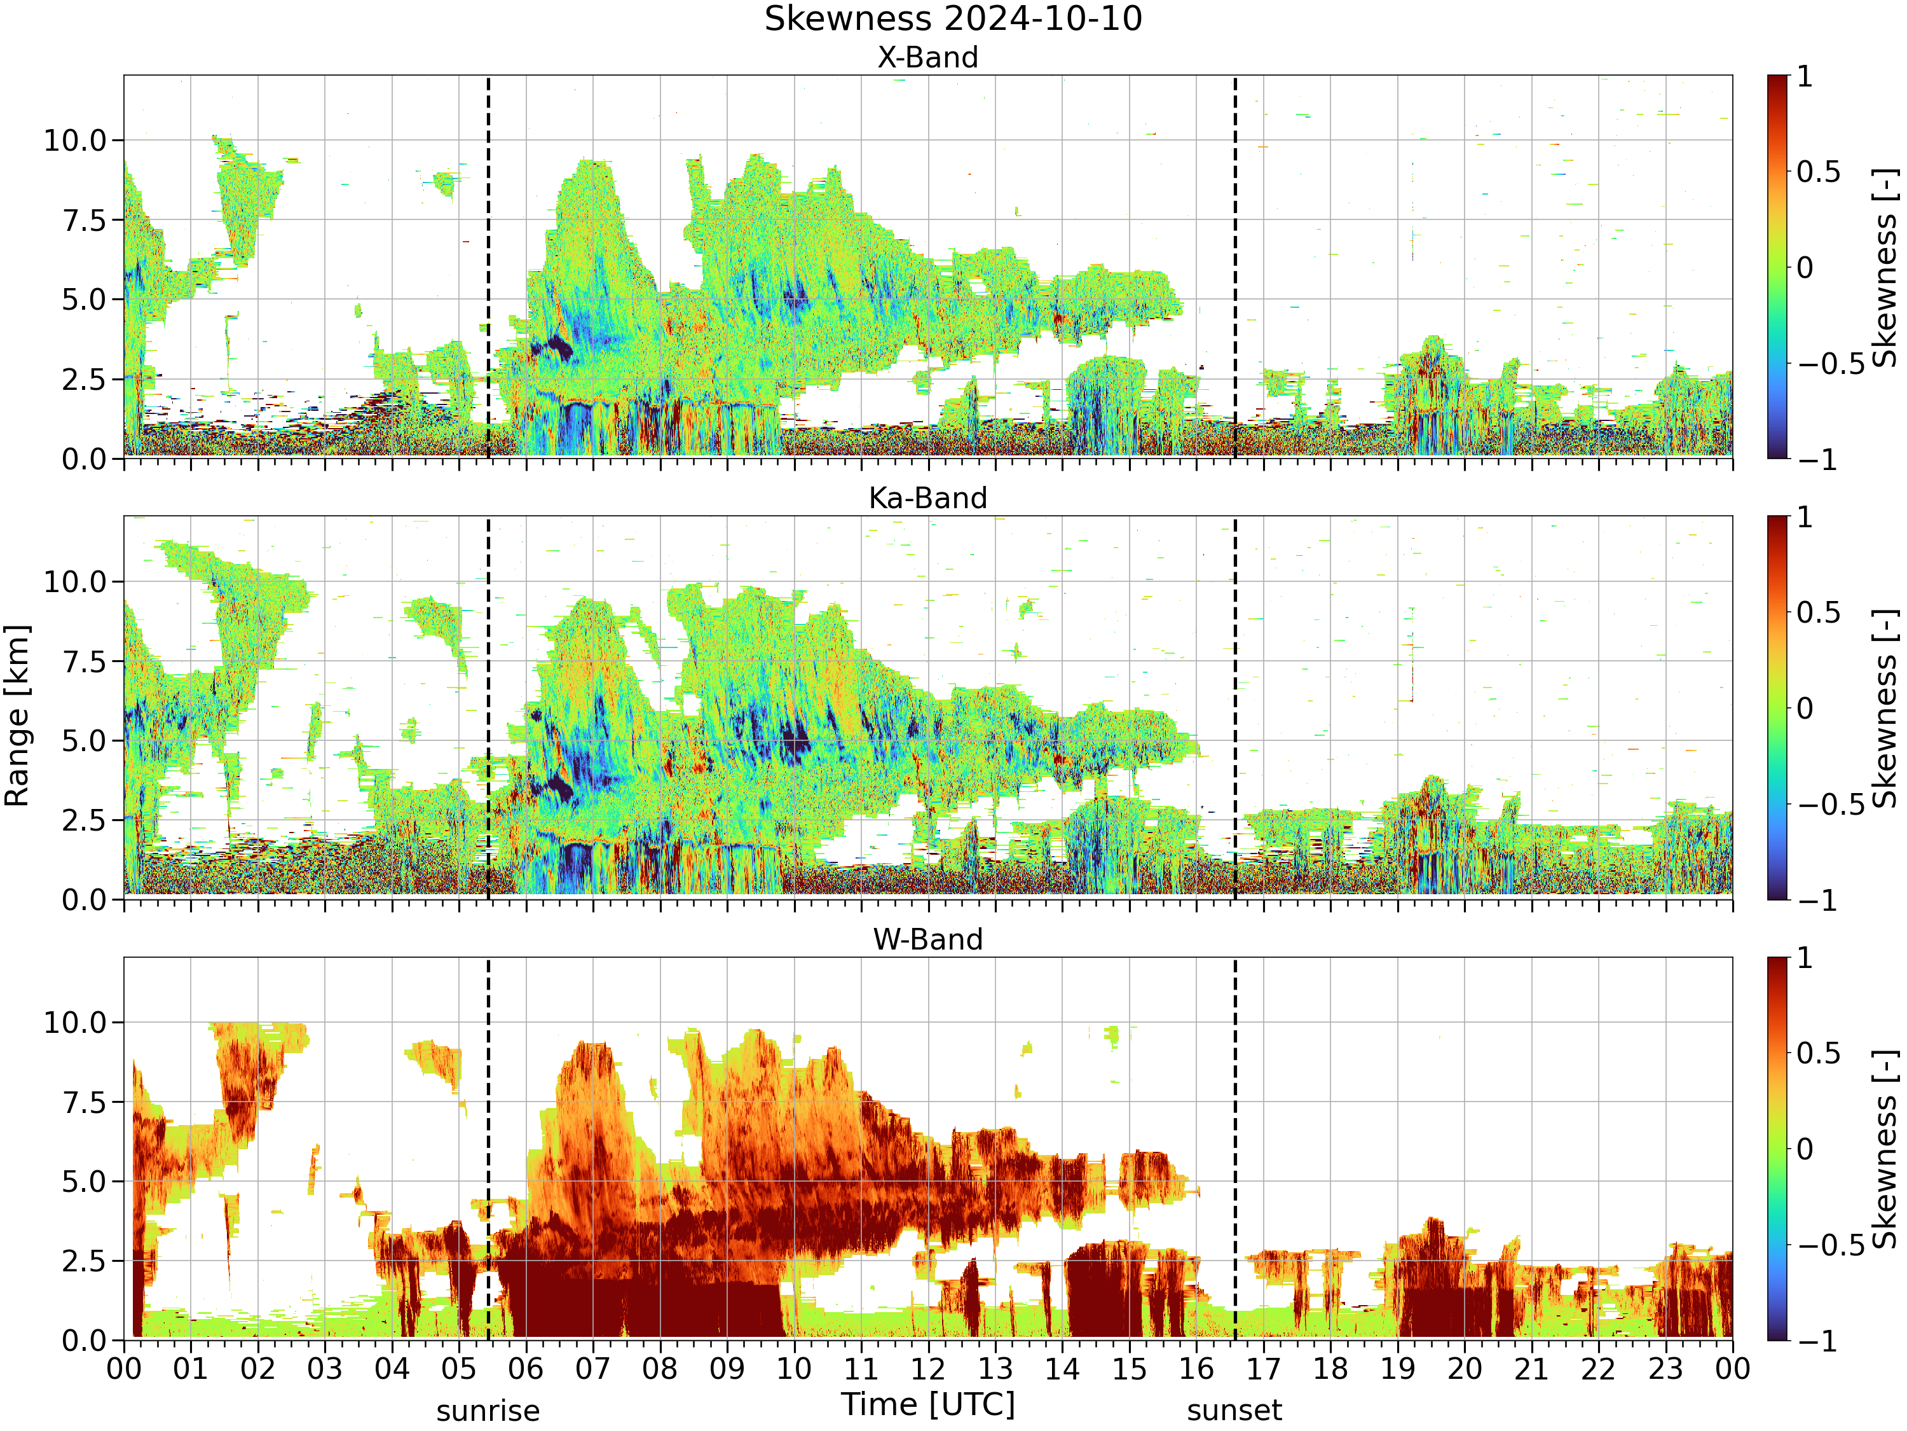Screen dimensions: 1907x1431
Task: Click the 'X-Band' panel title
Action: click(927, 58)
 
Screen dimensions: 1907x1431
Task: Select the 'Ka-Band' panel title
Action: click(927, 499)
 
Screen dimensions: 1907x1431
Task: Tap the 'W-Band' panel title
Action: click(927, 939)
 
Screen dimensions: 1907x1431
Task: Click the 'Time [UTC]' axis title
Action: click(929, 1404)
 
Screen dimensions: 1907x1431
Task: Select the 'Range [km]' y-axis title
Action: click(17, 716)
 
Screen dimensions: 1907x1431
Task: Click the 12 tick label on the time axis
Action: click(929, 1369)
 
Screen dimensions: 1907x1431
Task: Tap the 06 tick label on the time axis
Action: click(526, 1369)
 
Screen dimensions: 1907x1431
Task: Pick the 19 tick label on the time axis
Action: click(1397, 1369)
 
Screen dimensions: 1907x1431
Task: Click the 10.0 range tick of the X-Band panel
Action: click(75, 140)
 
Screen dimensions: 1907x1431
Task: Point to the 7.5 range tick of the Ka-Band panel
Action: click(85, 661)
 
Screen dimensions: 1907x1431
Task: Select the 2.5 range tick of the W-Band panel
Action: click(85, 1261)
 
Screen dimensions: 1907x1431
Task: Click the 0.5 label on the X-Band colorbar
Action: click(1818, 172)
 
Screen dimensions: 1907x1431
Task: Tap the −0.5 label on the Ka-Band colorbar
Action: click(1830, 804)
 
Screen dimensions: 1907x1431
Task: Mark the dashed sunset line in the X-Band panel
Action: click(1234, 266)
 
